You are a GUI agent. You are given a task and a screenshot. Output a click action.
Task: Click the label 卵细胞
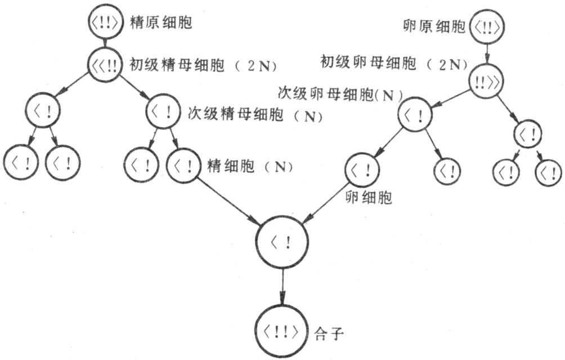click(x=367, y=197)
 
